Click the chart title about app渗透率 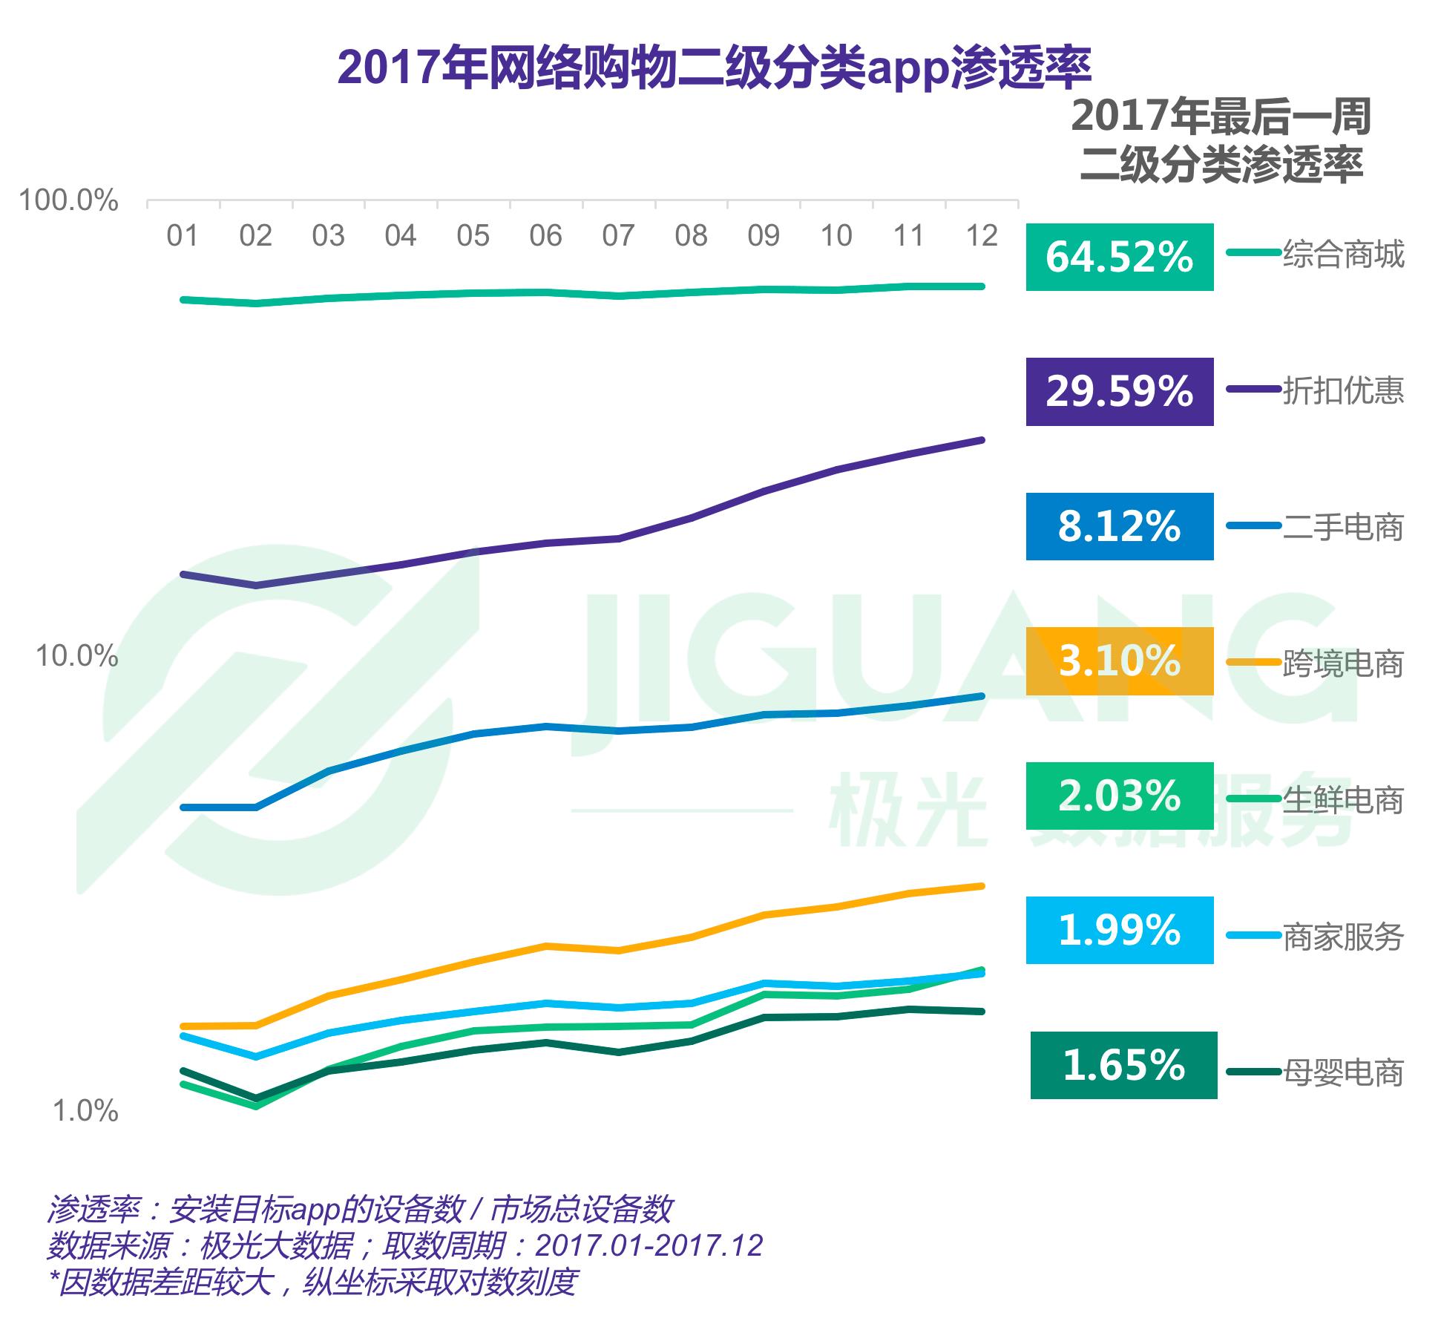click(714, 68)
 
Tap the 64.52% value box click(1120, 257)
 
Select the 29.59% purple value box click(1120, 392)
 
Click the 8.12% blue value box click(1120, 526)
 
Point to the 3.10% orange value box click(1120, 661)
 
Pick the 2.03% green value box click(1120, 796)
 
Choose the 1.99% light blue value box click(1120, 931)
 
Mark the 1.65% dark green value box click(1124, 1065)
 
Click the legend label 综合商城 click(1344, 255)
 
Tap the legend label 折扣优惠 click(1344, 390)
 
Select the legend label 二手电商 click(1344, 527)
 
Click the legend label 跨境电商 click(1344, 663)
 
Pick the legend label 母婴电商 click(1344, 1072)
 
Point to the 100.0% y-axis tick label click(68, 200)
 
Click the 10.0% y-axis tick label click(77, 656)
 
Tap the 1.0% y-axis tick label click(85, 1111)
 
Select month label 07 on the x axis click(618, 236)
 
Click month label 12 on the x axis click(981, 236)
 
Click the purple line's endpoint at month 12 click(982, 440)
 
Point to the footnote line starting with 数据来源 click(405, 1245)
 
